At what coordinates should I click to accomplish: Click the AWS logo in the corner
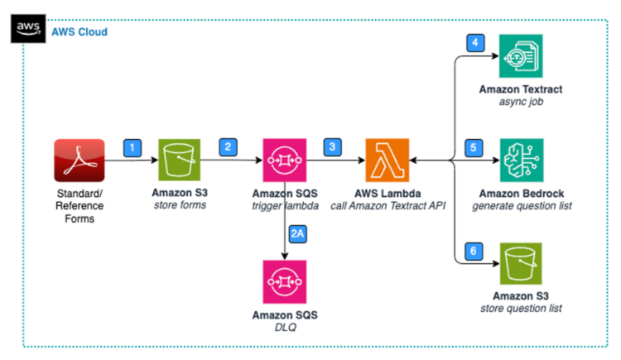29,28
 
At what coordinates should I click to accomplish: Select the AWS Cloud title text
79,31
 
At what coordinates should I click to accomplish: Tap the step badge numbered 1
132,146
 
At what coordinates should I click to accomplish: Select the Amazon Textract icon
521,57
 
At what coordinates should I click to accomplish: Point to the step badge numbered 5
474,147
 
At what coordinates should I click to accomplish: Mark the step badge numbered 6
474,249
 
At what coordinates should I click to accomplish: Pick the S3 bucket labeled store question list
521,264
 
